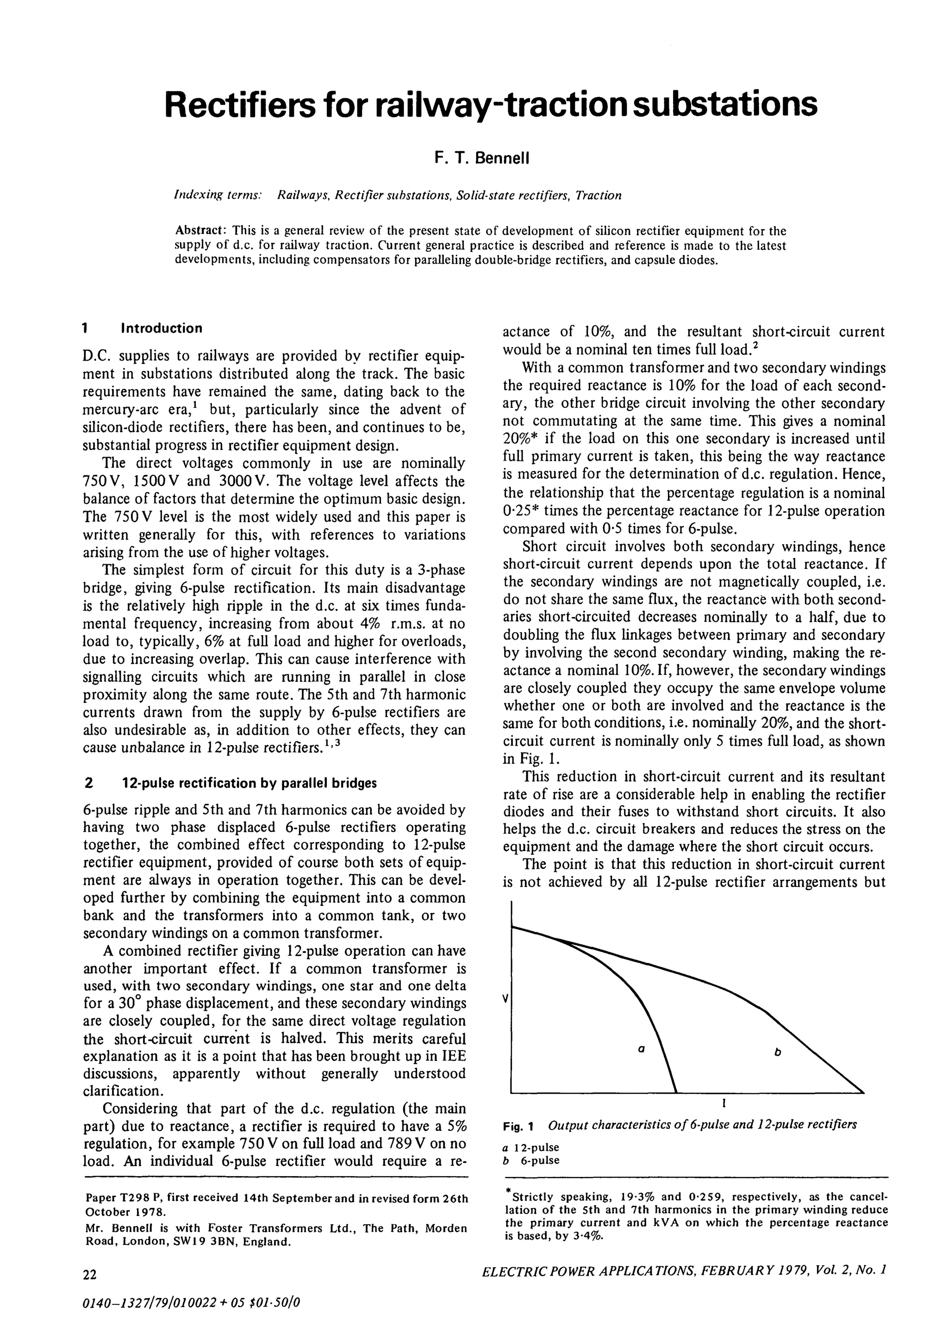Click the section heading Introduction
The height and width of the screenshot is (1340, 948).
tap(161, 328)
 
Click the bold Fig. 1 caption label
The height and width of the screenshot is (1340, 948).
tap(519, 1125)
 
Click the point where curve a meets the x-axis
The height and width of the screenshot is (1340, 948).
tap(676, 1092)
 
